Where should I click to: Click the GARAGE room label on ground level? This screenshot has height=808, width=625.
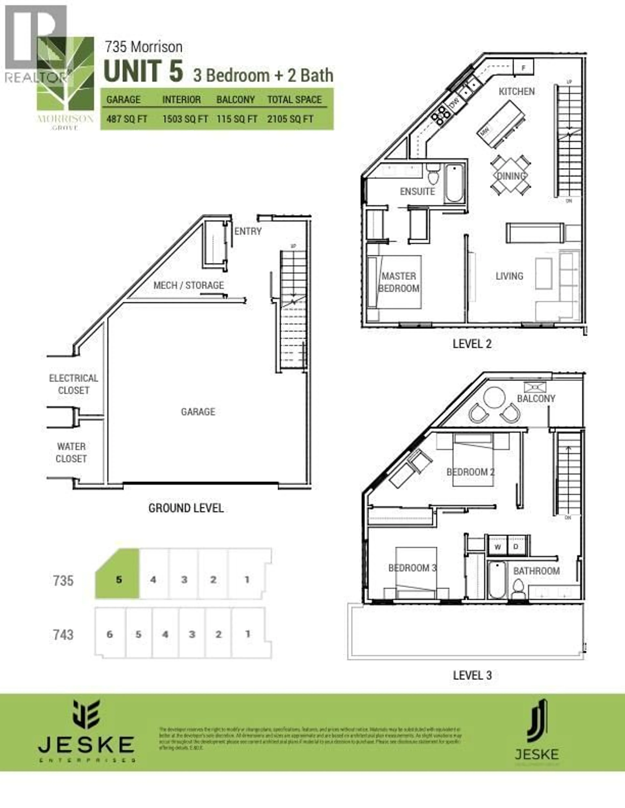click(198, 412)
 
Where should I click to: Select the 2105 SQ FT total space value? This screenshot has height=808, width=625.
click(290, 119)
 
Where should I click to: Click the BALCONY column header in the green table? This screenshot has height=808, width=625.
click(236, 100)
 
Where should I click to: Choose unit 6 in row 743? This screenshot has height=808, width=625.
click(110, 634)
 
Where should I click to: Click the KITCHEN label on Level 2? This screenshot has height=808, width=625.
click(516, 91)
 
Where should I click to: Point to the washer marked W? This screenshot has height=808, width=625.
click(498, 547)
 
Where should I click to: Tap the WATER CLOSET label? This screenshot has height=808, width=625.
click(71, 453)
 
